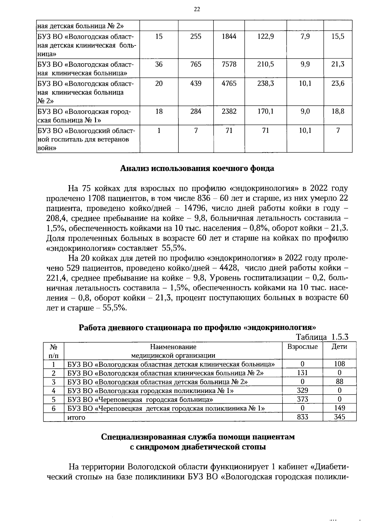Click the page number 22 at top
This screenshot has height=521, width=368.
click(197, 10)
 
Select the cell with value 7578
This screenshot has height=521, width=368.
click(229, 64)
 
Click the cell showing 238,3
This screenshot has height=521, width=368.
click(266, 83)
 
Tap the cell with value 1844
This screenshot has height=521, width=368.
click(229, 37)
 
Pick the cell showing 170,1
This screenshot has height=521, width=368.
click(266, 111)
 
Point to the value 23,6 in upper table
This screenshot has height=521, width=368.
click(338, 83)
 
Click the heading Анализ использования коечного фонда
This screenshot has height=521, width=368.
click(197, 168)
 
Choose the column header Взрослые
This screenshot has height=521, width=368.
click(302, 347)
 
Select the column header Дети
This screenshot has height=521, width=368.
click(339, 347)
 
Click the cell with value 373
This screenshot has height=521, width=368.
click(302, 399)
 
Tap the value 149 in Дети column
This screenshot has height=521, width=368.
click(339, 408)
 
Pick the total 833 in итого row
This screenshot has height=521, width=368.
click(302, 417)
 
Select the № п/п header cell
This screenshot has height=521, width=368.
click(54, 351)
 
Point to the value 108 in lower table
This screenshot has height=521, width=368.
click(339, 364)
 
